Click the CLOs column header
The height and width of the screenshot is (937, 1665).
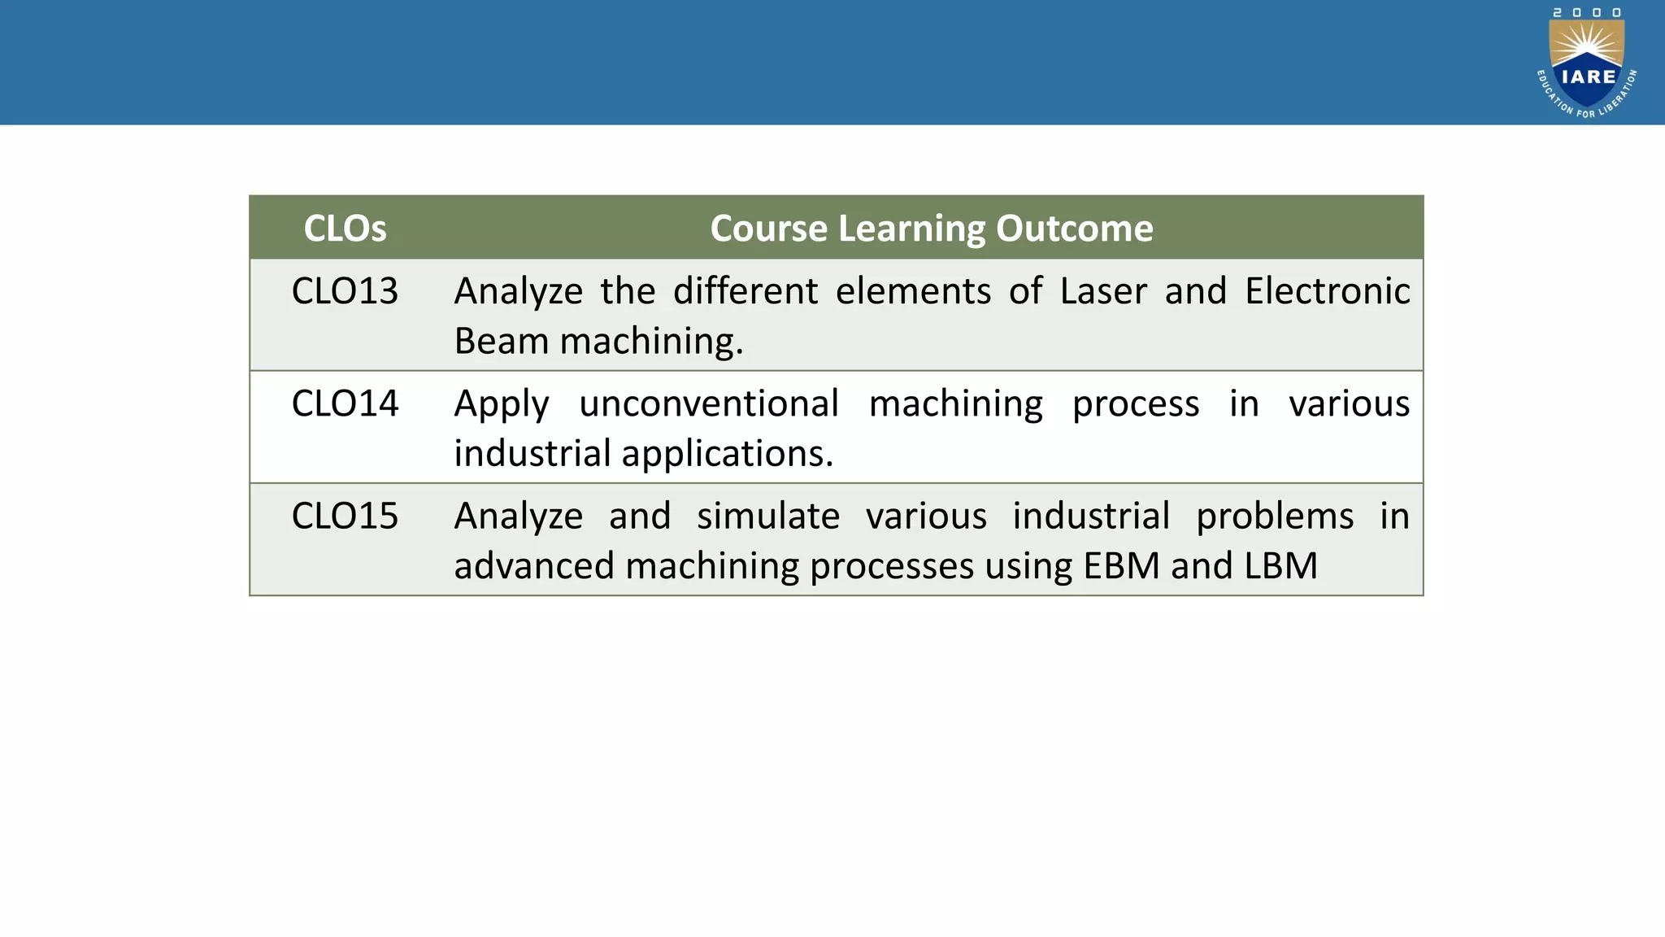pyautogui.click(x=345, y=229)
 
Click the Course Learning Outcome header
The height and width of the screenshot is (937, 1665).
pyautogui.click(x=931, y=229)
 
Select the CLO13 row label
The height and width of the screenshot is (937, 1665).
pyautogui.click(x=345, y=291)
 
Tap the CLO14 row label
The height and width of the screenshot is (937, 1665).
pyautogui.click(x=345, y=403)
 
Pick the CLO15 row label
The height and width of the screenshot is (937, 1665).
pyautogui.click(x=345, y=516)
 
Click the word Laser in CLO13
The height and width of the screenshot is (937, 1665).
pyautogui.click(x=1102, y=291)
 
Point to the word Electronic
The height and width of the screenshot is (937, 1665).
pyautogui.click(x=1327, y=291)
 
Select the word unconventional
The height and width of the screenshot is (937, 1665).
pyautogui.click(x=708, y=403)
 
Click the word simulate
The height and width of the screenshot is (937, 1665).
pyautogui.click(x=767, y=516)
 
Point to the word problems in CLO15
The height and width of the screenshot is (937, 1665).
pyautogui.click(x=1274, y=516)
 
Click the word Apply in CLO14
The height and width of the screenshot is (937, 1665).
pyautogui.click(x=501, y=403)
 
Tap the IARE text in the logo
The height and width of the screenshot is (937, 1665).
pyautogui.click(x=1589, y=77)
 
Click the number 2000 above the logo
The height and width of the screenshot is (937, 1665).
pyautogui.click(x=1587, y=12)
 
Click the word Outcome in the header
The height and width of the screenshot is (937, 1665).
pyautogui.click(x=1074, y=229)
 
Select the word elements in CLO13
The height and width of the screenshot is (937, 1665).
pyautogui.click(x=912, y=291)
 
